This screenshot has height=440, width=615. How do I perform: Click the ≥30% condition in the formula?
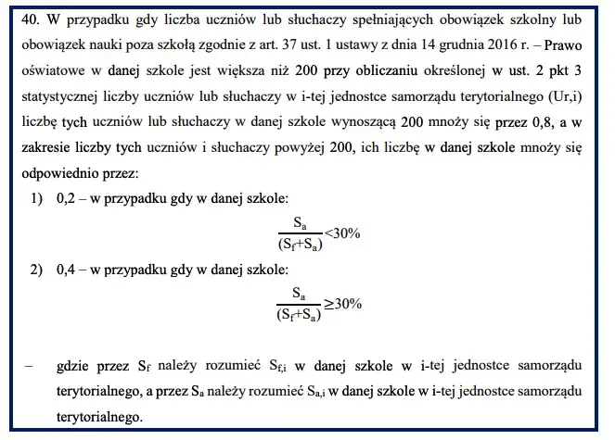(x=342, y=304)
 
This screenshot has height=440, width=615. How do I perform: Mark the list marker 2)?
(x=37, y=270)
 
